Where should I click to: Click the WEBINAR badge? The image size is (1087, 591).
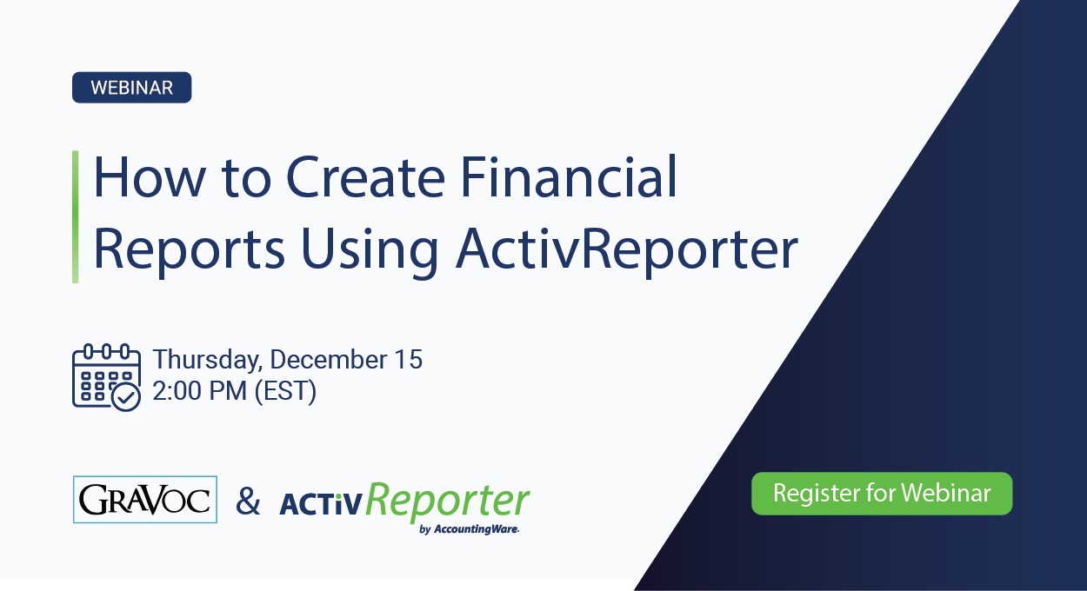(131, 88)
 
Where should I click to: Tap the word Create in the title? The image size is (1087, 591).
(363, 177)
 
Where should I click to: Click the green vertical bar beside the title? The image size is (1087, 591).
(76, 216)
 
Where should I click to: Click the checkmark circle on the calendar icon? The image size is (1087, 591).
(127, 397)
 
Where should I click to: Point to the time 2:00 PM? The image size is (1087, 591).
(199, 391)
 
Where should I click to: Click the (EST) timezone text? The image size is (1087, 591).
(285, 391)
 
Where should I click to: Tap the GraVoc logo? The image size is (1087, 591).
(145, 500)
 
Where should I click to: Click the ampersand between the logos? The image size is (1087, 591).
(248, 501)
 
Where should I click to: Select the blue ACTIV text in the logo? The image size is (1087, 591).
(318, 505)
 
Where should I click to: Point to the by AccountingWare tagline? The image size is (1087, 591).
(469, 529)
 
